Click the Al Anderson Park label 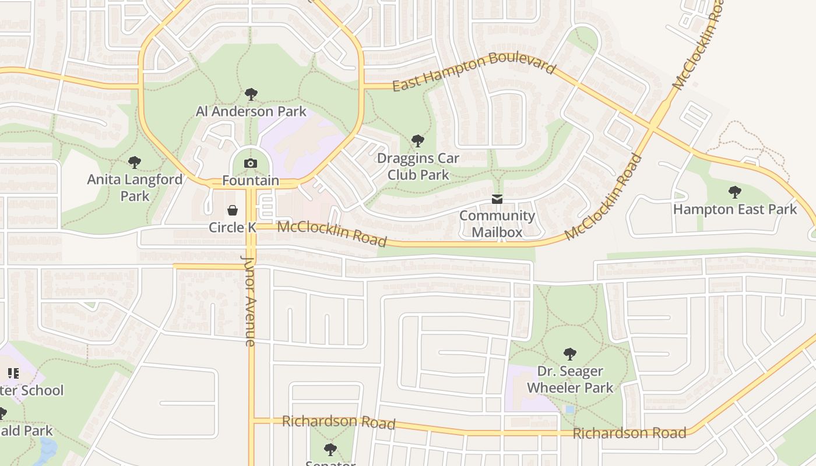tap(251, 111)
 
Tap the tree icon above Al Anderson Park tap(251, 94)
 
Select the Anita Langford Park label tap(135, 188)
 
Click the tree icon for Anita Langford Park tap(135, 162)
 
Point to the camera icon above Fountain tap(251, 163)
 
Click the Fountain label tap(251, 181)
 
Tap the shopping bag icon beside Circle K tap(233, 210)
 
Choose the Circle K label tap(233, 227)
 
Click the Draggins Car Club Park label tap(418, 167)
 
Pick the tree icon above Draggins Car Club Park tap(417, 140)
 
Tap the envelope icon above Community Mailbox tap(497, 199)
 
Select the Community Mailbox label tap(497, 224)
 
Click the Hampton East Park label tap(734, 209)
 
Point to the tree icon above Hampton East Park tap(734, 191)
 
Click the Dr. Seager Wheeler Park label tap(569, 379)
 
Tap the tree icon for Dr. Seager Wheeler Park tap(569, 354)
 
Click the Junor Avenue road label tap(249, 301)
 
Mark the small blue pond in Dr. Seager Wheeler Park tap(569, 409)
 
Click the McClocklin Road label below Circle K tap(332, 233)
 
